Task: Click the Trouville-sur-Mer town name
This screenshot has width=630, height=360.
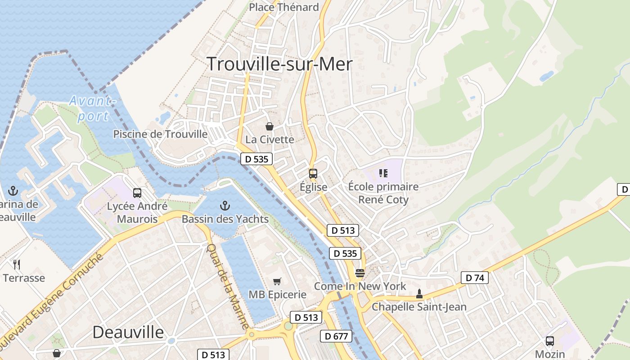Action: click(279, 64)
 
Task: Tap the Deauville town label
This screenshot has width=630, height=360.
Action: click(128, 332)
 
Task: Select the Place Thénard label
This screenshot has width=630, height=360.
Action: click(283, 7)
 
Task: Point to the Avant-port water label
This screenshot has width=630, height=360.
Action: click(93, 109)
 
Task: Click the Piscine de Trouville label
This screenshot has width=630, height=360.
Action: click(160, 134)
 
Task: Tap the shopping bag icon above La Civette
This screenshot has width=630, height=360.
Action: click(270, 126)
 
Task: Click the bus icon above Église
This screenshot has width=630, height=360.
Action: click(313, 173)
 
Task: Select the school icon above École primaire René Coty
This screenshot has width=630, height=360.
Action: click(383, 173)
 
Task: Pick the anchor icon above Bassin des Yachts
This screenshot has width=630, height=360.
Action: click(225, 206)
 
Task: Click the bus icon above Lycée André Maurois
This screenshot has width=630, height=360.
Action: click(137, 193)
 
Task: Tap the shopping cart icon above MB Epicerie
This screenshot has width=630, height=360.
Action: click(277, 281)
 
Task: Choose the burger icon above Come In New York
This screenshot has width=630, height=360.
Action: click(360, 273)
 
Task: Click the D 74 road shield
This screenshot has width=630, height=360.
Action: click(475, 278)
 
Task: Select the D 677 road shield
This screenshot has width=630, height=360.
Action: click(336, 336)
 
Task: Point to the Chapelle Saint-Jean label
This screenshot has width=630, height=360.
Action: click(419, 307)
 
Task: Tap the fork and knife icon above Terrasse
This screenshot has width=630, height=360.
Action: click(17, 264)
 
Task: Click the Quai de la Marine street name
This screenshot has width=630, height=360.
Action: click(228, 286)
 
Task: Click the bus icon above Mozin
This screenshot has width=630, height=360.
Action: click(550, 341)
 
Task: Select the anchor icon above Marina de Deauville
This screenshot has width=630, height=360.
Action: click(13, 191)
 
